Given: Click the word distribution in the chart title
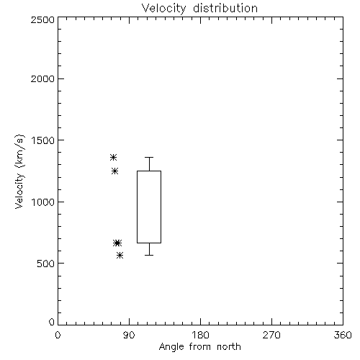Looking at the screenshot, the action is pos(225,9).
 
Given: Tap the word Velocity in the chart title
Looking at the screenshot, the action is pos(164,9).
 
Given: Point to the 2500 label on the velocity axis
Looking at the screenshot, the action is pos(42,19).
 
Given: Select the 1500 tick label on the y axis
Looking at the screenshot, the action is pos(42,140).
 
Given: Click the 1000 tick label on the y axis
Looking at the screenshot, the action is pos(42,202).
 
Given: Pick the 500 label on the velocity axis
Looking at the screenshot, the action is pos(46,264).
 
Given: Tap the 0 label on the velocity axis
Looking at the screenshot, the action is pos(52,322).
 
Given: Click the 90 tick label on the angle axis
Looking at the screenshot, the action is pos(129,335).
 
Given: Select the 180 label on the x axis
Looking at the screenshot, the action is pos(200,335).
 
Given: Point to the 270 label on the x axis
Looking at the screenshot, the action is pos(271,335).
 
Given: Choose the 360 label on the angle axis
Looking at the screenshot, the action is pos(343,335).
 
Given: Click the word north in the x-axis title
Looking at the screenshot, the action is pos(229,347).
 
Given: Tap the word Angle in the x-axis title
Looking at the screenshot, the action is pos(171,348).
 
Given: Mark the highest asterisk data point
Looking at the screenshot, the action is pos(113,158).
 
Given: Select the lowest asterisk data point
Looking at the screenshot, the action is pos(120,255).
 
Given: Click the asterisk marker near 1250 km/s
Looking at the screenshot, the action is pos(114,171).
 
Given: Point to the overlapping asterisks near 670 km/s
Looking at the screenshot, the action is pos(117,243).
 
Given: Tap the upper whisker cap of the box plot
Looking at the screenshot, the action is pos(149,158).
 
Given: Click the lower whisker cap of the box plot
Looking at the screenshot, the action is pos(149,255).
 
